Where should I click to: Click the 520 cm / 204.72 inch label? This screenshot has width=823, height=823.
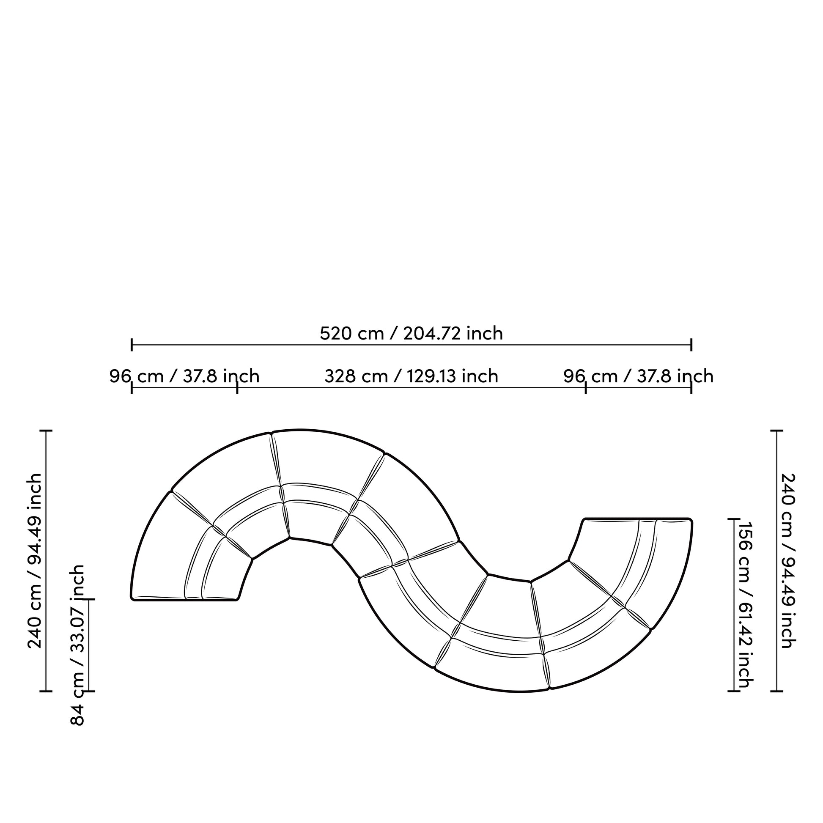pyautogui.click(x=411, y=333)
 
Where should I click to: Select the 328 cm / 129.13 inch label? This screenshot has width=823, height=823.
pyautogui.click(x=411, y=376)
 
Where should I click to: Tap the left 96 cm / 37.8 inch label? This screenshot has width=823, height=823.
pyautogui.click(x=184, y=376)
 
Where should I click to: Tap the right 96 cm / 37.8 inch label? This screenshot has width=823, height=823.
pyautogui.click(x=638, y=376)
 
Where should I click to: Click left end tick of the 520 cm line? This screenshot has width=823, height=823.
pyautogui.click(x=132, y=345)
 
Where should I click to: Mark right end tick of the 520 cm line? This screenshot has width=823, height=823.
pyautogui.click(x=691, y=345)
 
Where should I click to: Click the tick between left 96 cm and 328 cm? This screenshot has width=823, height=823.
pyautogui.click(x=237, y=388)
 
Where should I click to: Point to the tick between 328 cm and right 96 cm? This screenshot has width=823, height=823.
pyautogui.click(x=586, y=388)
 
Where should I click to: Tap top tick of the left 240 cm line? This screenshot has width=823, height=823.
pyautogui.click(x=46, y=431)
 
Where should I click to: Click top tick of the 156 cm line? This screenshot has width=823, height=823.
pyautogui.click(x=733, y=519)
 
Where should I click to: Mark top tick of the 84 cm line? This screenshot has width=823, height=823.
pyautogui.click(x=89, y=599)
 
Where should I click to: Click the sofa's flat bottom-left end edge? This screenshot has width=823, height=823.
pyautogui.click(x=184, y=600)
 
